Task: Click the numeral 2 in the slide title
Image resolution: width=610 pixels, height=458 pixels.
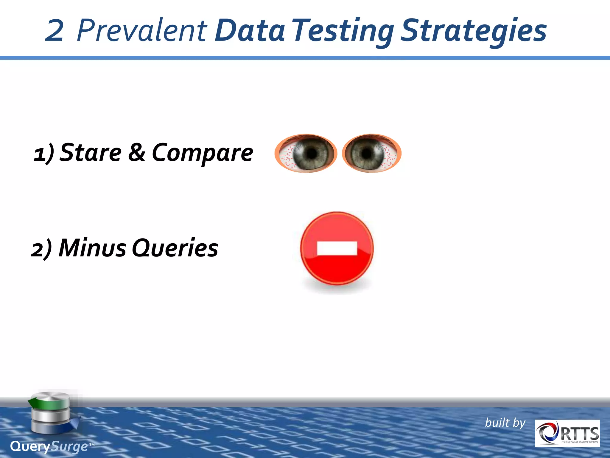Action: coord(55,30)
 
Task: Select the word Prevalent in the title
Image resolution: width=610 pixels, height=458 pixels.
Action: coord(142,30)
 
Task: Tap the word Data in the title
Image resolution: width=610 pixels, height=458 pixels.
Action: coord(250,30)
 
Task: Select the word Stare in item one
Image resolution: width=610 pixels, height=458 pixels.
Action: coord(91,152)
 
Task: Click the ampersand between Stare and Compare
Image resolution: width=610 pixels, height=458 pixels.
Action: coord(137,152)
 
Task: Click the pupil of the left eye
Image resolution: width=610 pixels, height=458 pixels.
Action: coord(312,153)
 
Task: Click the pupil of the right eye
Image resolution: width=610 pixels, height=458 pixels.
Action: coord(367,153)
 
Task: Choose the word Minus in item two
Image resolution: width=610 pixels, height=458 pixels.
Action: coord(92,248)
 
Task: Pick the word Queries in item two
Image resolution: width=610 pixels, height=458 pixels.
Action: coord(175,248)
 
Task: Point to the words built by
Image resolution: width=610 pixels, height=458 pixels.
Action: coord(505,423)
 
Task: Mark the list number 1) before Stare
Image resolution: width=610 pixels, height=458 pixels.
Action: coord(43,154)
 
